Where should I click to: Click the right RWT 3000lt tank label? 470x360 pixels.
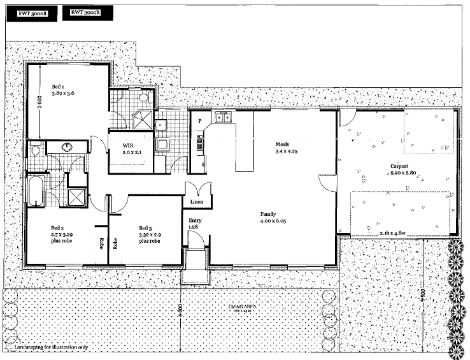(86, 12)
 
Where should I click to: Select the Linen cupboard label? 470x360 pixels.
(196, 203)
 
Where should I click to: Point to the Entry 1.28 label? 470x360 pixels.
(194, 224)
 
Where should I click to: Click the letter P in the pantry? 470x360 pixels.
(199, 120)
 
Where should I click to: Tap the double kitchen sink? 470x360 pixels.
(224, 117)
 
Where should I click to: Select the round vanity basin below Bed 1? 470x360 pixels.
(67, 147)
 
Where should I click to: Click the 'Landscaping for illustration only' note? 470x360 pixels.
(48, 348)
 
